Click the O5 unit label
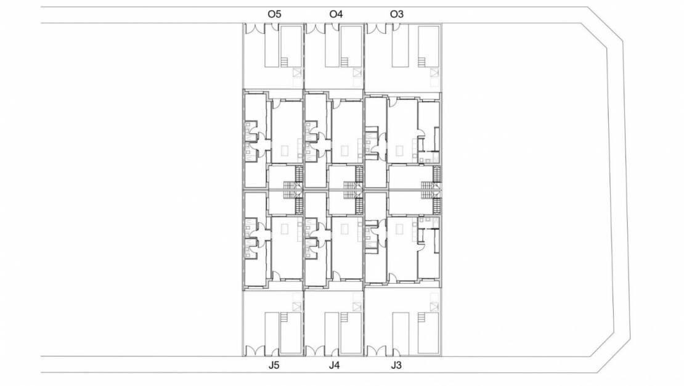(x=274, y=14)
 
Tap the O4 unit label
(x=336, y=14)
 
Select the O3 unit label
(x=396, y=14)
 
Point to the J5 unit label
(x=274, y=365)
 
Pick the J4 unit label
(x=334, y=365)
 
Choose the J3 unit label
(x=396, y=365)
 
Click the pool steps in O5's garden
(x=285, y=62)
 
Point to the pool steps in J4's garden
(x=345, y=318)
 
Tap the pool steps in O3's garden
(x=422, y=62)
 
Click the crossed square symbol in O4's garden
(x=358, y=73)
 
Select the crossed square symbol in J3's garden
(x=434, y=307)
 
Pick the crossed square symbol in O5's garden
(x=298, y=73)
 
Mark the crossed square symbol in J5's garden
(x=298, y=307)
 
